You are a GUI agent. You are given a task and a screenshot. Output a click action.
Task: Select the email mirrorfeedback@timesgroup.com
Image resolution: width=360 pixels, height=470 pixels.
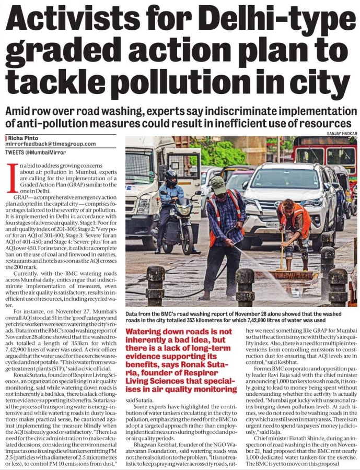[x=51, y=144]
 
